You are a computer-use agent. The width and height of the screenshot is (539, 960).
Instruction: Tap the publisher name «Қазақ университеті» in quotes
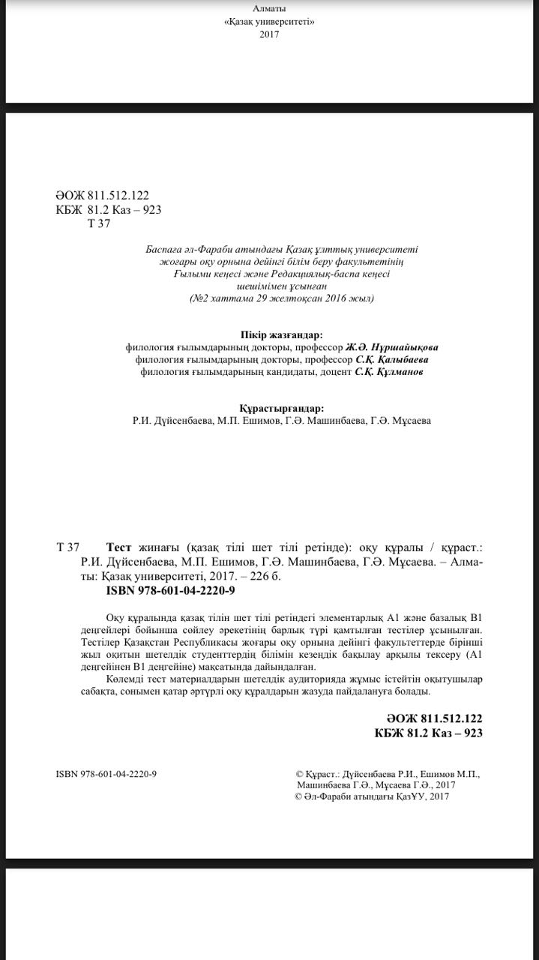coord(269,22)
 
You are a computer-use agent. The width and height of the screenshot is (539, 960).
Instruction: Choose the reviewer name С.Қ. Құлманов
coord(388,372)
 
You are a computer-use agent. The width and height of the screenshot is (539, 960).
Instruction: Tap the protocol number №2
coord(199,298)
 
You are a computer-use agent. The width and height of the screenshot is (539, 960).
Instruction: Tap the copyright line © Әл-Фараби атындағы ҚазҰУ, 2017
coord(373,797)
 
